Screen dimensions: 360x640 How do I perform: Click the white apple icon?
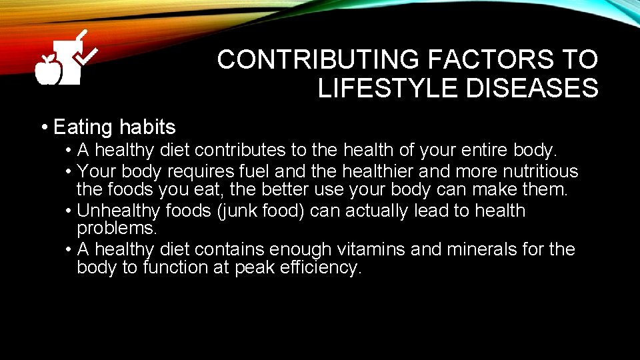[48, 70]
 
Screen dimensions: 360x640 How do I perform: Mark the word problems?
[117, 229]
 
